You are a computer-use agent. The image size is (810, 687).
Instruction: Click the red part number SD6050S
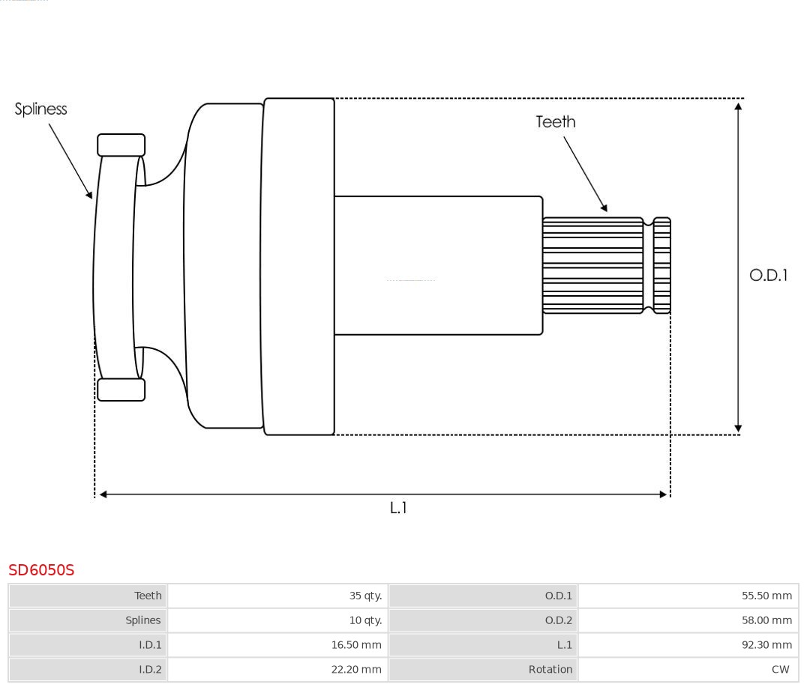[41, 570]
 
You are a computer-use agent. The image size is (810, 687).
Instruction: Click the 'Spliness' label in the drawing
[40, 109]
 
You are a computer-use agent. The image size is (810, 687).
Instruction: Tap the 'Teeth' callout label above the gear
[555, 122]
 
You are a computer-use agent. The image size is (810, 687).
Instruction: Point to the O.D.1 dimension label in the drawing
[768, 275]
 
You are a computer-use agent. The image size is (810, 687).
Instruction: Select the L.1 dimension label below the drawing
[398, 508]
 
